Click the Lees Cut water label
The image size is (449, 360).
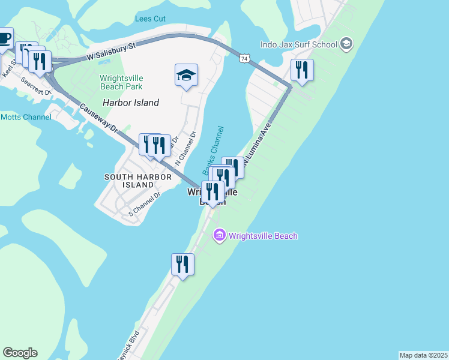(150, 19)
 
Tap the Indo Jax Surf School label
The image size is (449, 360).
(298, 44)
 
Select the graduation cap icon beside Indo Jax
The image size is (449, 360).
(346, 44)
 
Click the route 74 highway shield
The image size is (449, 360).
(244, 58)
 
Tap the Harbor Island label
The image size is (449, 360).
(131, 103)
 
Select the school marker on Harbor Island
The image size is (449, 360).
(187, 76)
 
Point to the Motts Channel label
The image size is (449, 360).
(26, 117)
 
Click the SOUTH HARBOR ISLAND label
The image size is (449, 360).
(129, 181)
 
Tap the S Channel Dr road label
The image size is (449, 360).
(145, 204)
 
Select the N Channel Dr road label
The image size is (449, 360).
(185, 149)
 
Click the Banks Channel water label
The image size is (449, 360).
(212, 151)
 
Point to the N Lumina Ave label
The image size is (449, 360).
(257, 144)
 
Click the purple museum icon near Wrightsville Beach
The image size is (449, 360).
(219, 236)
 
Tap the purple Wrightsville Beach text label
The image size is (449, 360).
(262, 236)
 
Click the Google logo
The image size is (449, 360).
(20, 353)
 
